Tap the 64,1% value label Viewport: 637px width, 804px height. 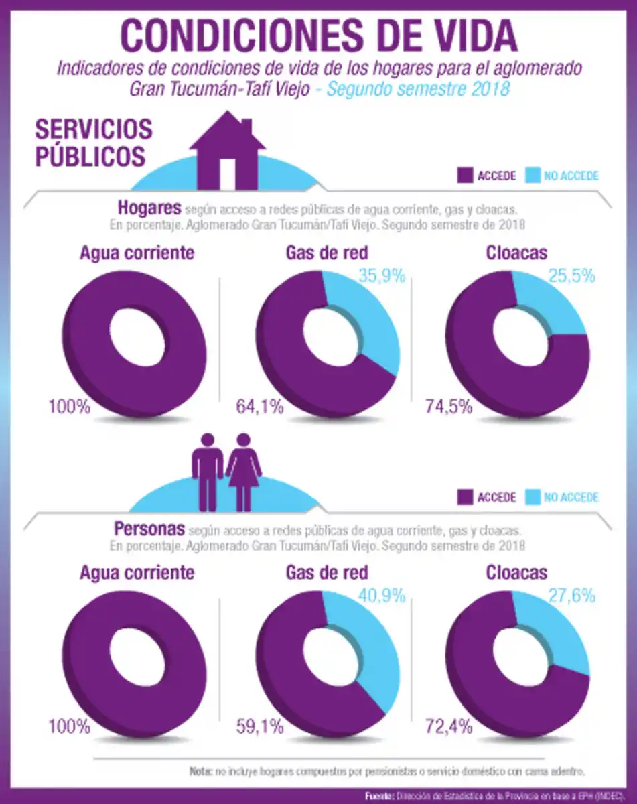point(260,407)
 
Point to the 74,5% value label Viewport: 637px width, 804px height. point(449,407)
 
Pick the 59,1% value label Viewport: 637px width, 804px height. point(260,726)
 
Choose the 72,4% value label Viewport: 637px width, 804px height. point(449,726)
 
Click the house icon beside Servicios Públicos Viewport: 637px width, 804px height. point(228,151)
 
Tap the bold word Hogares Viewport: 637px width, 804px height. point(149,206)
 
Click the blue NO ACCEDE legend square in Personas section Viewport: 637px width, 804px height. point(533,497)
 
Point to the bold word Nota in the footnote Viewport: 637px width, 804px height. point(200,771)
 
